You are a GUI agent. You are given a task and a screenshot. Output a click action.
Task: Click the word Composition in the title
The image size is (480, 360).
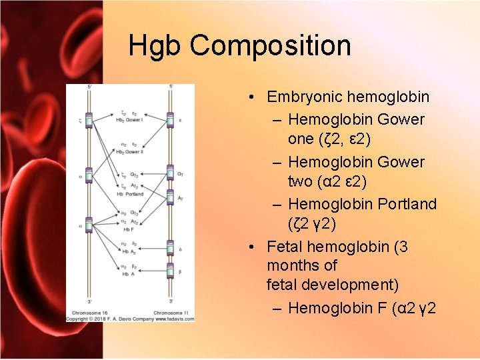tap(270, 46)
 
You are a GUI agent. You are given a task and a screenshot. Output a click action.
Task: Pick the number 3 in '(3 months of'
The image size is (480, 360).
tap(403, 247)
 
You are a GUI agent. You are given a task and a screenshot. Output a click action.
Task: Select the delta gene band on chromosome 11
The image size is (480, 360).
tap(170, 248)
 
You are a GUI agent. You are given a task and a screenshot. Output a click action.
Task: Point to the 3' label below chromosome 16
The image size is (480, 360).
tap(90, 301)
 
